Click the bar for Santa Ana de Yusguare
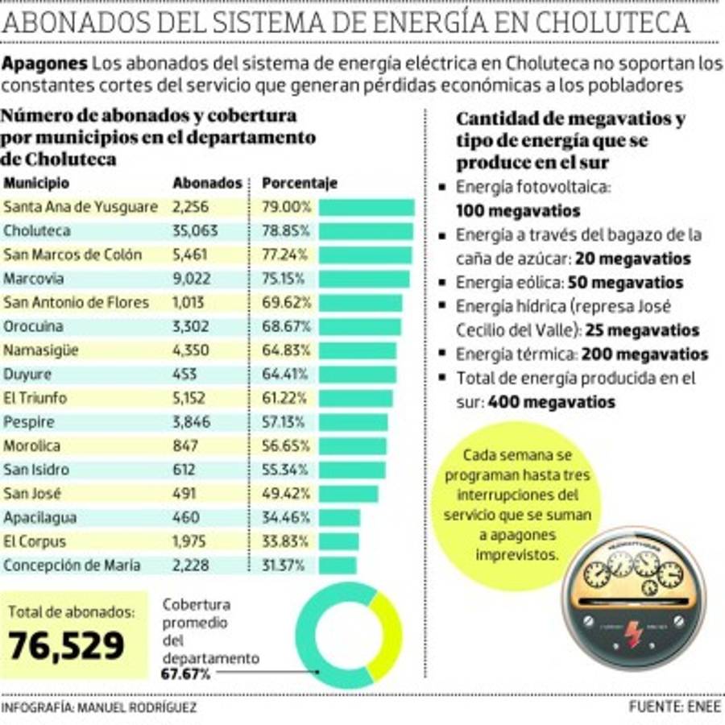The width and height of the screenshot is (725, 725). point(367,207)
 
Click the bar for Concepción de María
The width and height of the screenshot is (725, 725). point(338,565)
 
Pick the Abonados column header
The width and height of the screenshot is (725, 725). point(207,183)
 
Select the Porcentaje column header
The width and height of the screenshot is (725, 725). point(299,183)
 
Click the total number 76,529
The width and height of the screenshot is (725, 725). point(68,645)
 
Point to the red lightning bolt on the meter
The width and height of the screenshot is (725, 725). point(634,635)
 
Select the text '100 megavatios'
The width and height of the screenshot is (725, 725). point(517,212)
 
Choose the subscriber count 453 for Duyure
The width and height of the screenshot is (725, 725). point(184,375)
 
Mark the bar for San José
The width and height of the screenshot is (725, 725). point(348,493)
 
